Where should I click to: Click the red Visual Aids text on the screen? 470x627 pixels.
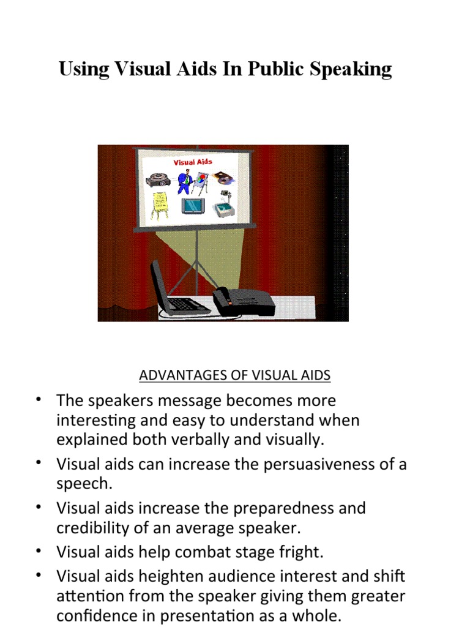tap(193, 162)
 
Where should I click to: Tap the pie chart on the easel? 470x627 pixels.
tap(201, 179)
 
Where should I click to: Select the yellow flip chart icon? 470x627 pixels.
tap(160, 204)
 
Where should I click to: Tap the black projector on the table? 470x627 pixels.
tap(244, 301)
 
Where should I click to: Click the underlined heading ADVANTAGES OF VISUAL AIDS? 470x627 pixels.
tap(234, 375)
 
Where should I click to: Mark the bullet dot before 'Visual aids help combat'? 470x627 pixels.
tap(39, 549)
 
